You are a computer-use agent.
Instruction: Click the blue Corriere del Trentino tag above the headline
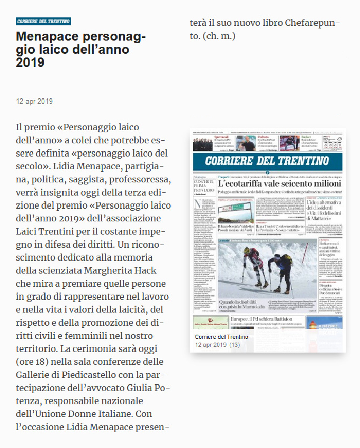[x=43, y=22]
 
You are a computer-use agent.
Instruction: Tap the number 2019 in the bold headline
[x=30, y=63]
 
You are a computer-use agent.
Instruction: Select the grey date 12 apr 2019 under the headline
[x=34, y=101]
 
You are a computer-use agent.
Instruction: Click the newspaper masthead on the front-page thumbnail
[x=267, y=161]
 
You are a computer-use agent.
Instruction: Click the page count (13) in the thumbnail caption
[x=235, y=345]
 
